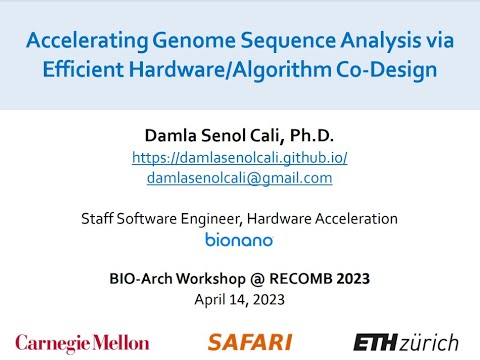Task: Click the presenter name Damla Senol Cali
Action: pyautogui.click(x=202, y=137)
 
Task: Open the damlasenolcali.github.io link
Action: pyautogui.click(x=239, y=158)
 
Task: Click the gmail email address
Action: pyautogui.click(x=239, y=177)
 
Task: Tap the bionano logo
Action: pyautogui.click(x=239, y=239)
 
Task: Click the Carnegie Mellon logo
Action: pyautogui.click(x=82, y=342)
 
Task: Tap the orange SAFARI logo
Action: pyautogui.click(x=251, y=342)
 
